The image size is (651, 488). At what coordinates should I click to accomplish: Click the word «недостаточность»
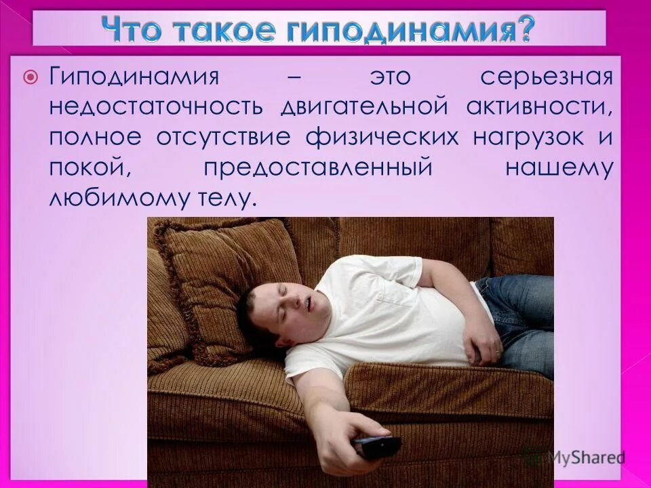click(155, 108)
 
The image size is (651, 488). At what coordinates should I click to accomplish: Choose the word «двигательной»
click(363, 108)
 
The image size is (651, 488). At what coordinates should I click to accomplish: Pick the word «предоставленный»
click(317, 167)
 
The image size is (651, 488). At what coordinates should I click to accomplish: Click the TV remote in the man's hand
click(377, 447)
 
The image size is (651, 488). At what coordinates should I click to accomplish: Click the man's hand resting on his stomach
click(483, 342)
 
